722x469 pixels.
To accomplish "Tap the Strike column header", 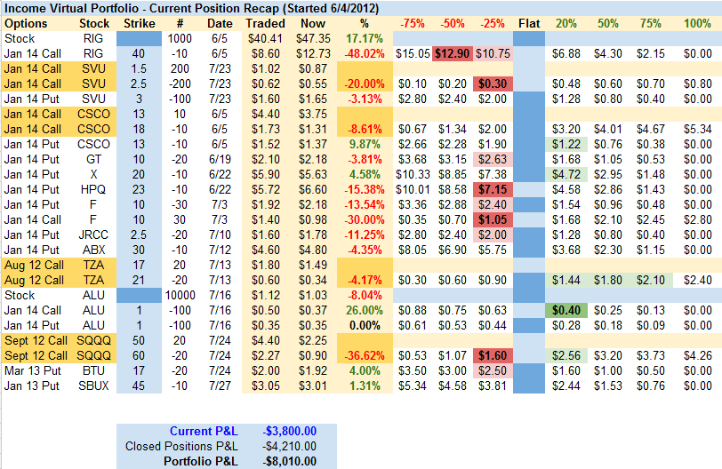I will click(139, 23).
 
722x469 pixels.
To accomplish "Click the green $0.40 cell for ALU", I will click(565, 310).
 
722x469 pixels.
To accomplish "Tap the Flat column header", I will click(529, 23).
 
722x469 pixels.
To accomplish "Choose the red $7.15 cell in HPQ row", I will click(492, 189).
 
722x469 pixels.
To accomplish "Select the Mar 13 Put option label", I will click(33, 370).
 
